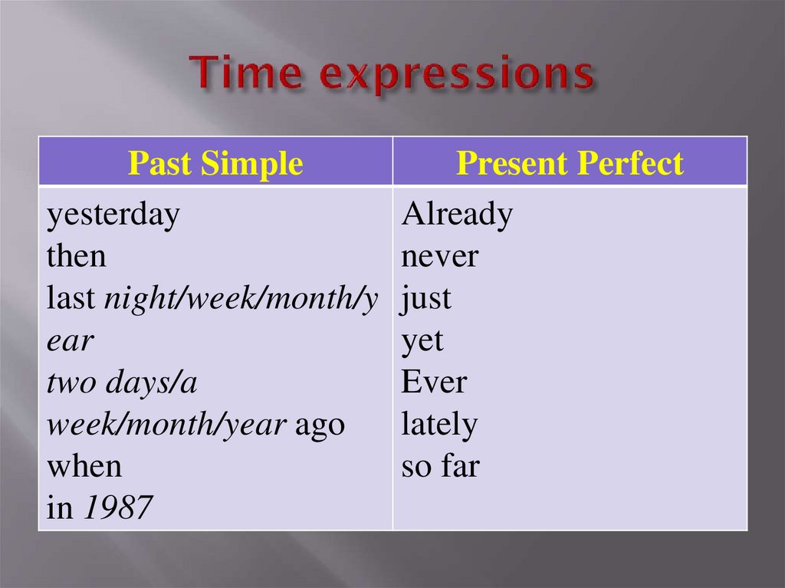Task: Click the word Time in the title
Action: [x=244, y=74]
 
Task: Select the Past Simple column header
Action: [x=215, y=163]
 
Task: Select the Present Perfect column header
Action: [x=570, y=163]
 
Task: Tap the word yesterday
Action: [x=113, y=216]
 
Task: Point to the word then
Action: [x=77, y=256]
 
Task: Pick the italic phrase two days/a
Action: [x=122, y=383]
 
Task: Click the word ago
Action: [x=320, y=425]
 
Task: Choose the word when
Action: [x=84, y=466]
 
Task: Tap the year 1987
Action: [x=117, y=508]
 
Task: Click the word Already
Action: [x=457, y=216]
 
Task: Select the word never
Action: [x=439, y=256]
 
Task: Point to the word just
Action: [x=426, y=298]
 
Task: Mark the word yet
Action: [x=422, y=340]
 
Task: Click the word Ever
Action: [x=433, y=382]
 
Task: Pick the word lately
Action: [x=438, y=425]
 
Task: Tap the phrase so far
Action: [x=440, y=466]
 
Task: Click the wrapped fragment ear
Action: [x=70, y=340]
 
